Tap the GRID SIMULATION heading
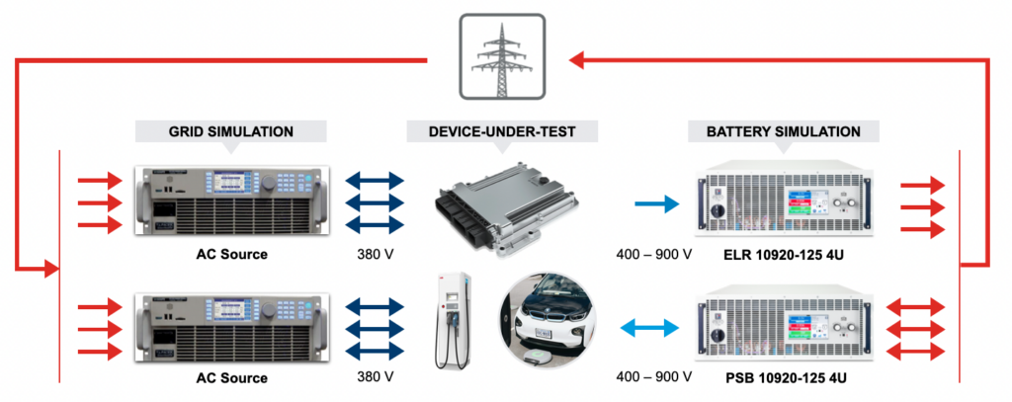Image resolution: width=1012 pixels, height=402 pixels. click(229, 130)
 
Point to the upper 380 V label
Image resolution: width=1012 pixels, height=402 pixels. click(376, 254)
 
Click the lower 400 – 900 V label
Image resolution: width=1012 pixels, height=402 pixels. click(653, 377)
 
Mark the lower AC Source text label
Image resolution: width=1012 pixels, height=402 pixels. click(230, 378)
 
